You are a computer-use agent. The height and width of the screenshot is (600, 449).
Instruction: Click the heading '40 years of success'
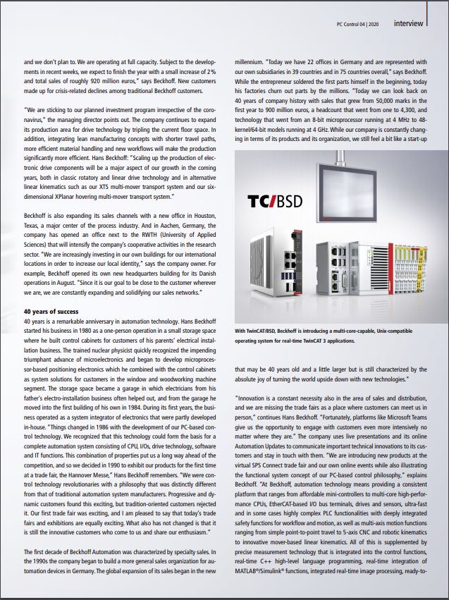tap(52, 310)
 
